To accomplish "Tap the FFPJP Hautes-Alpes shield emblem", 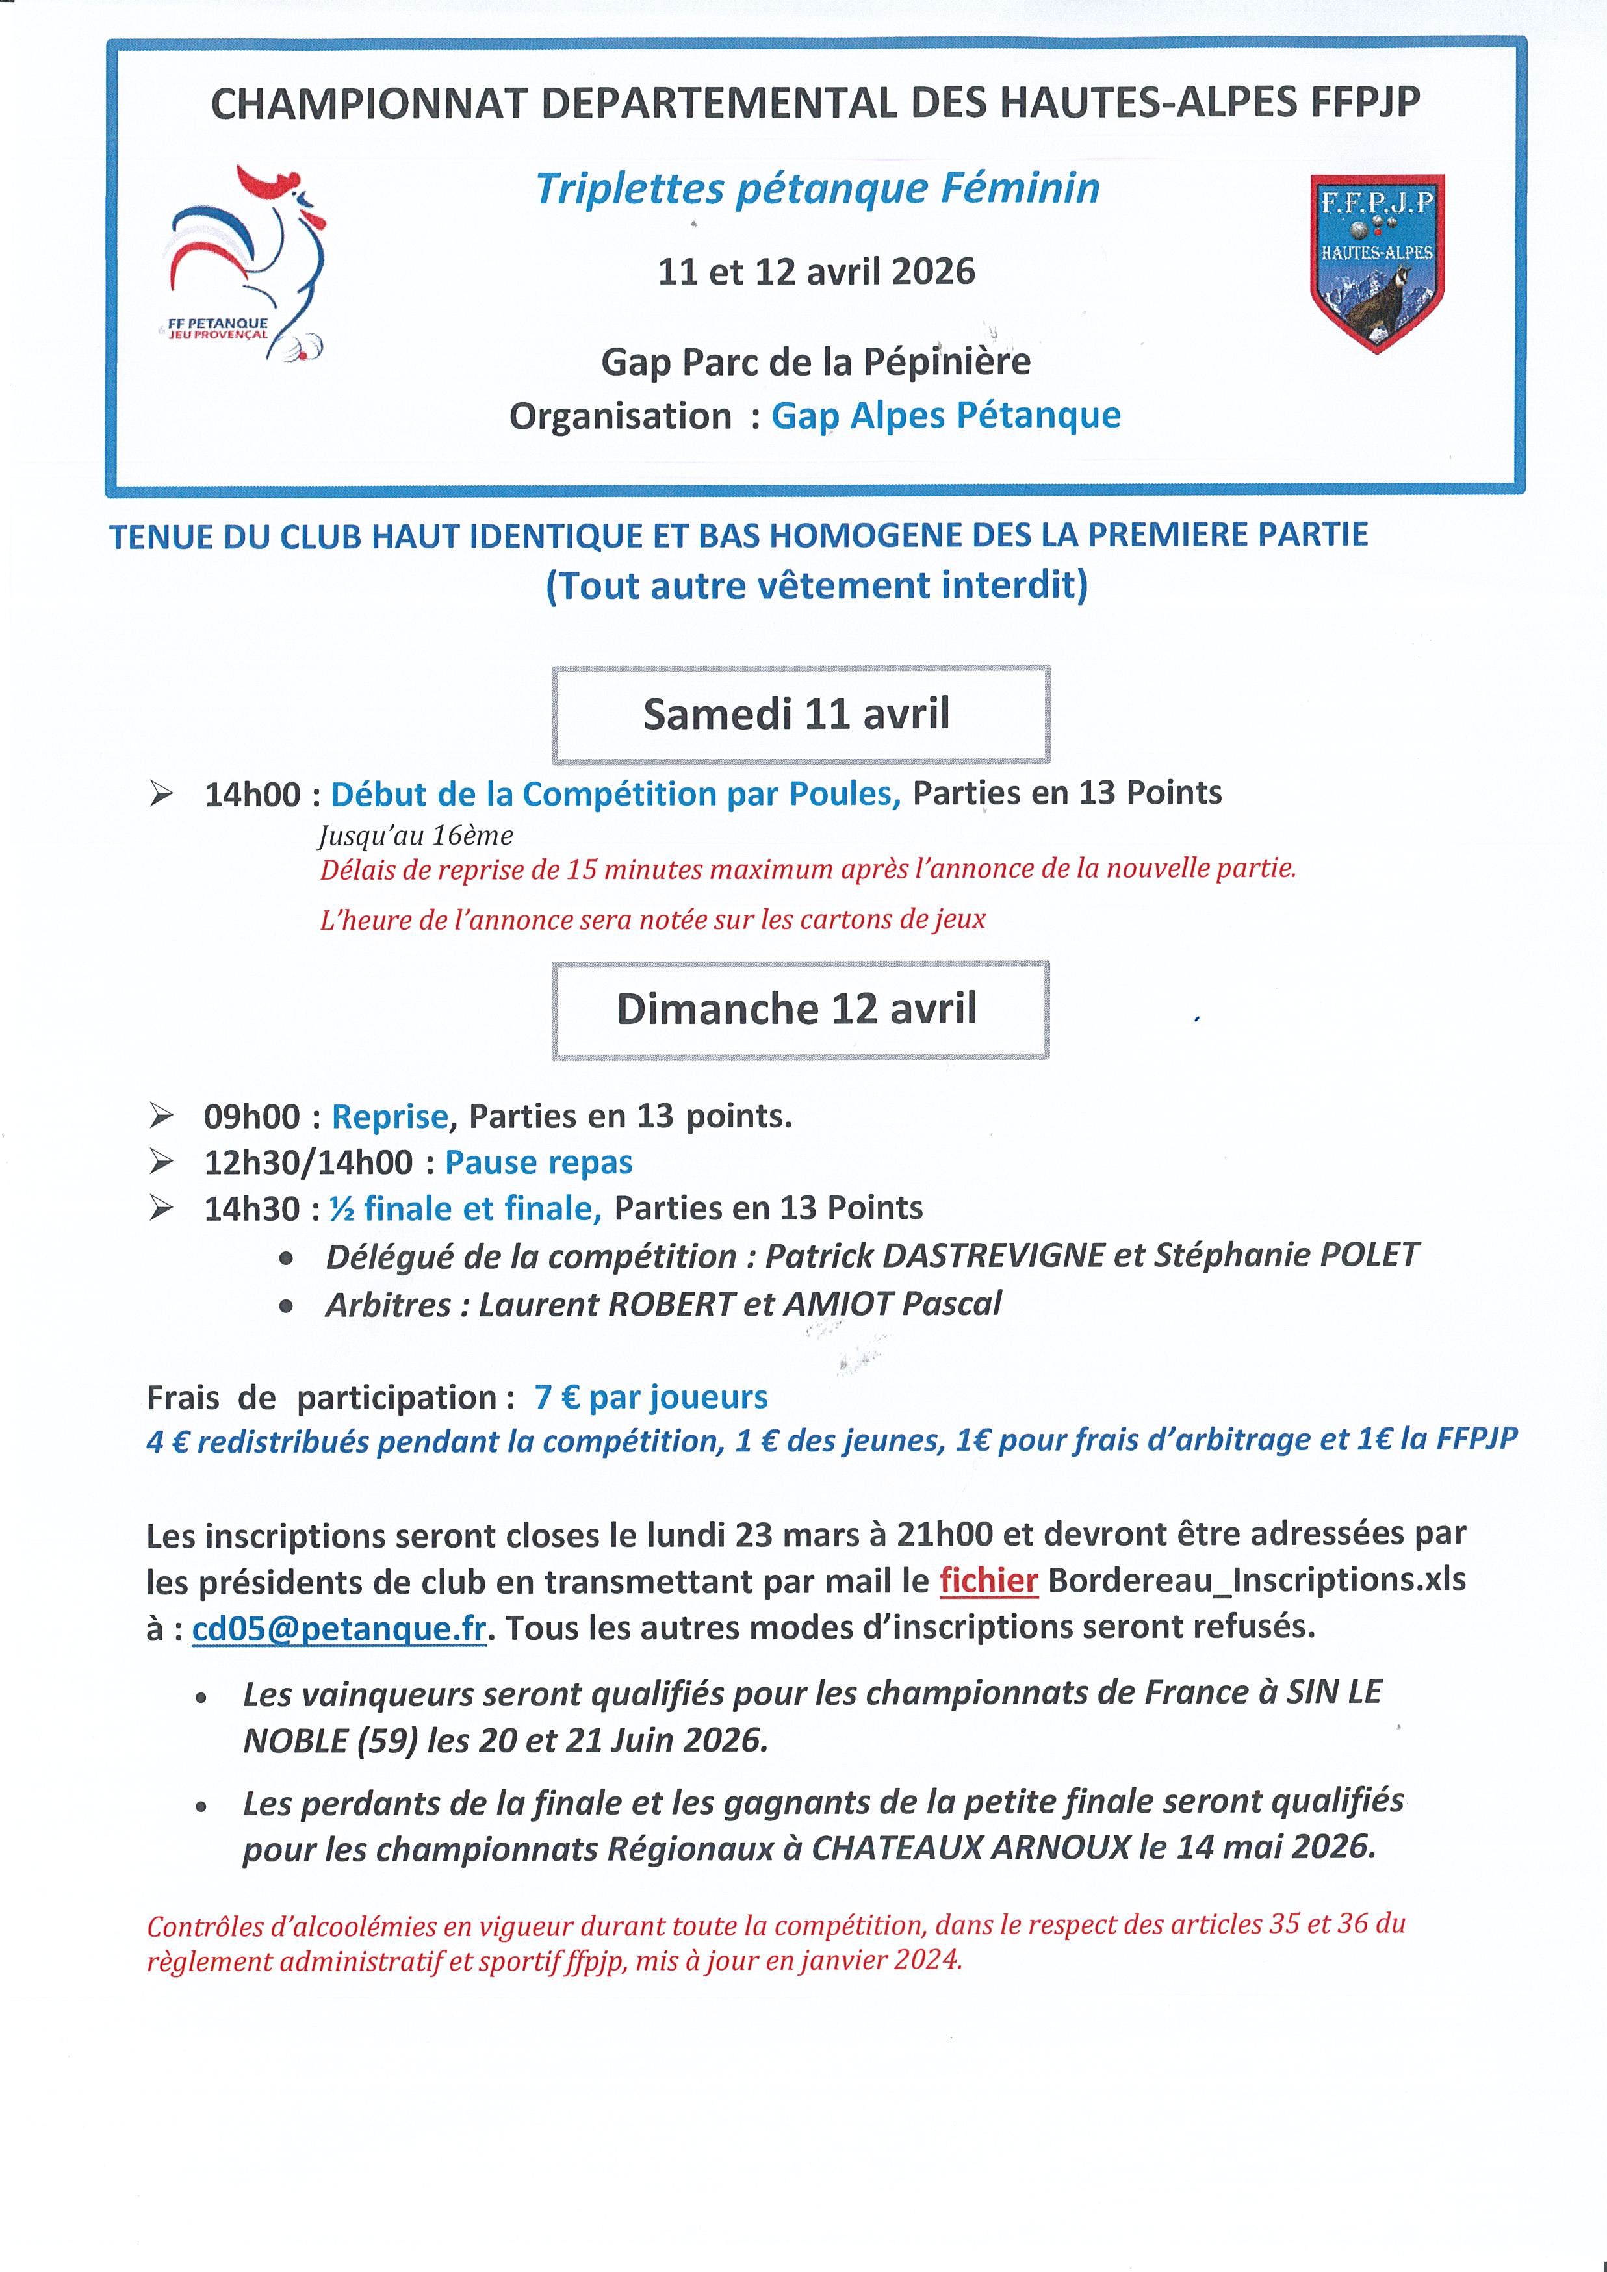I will click(1376, 262).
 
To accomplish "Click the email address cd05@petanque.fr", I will click(339, 1627).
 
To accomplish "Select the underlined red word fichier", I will click(988, 1580).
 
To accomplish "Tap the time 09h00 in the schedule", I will click(251, 1116).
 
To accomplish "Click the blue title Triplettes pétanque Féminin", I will click(817, 188).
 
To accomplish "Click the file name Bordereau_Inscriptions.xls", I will click(1257, 1580).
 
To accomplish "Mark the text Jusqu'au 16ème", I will click(416, 836).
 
